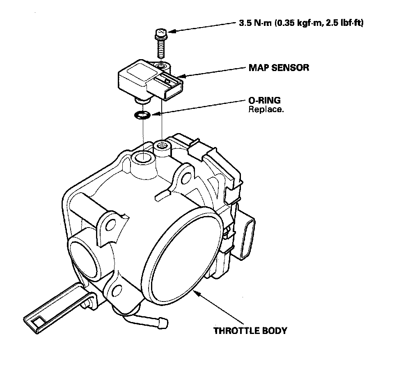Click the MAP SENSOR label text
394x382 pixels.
click(279, 68)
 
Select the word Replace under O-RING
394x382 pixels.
click(266, 110)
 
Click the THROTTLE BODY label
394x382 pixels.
click(250, 331)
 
